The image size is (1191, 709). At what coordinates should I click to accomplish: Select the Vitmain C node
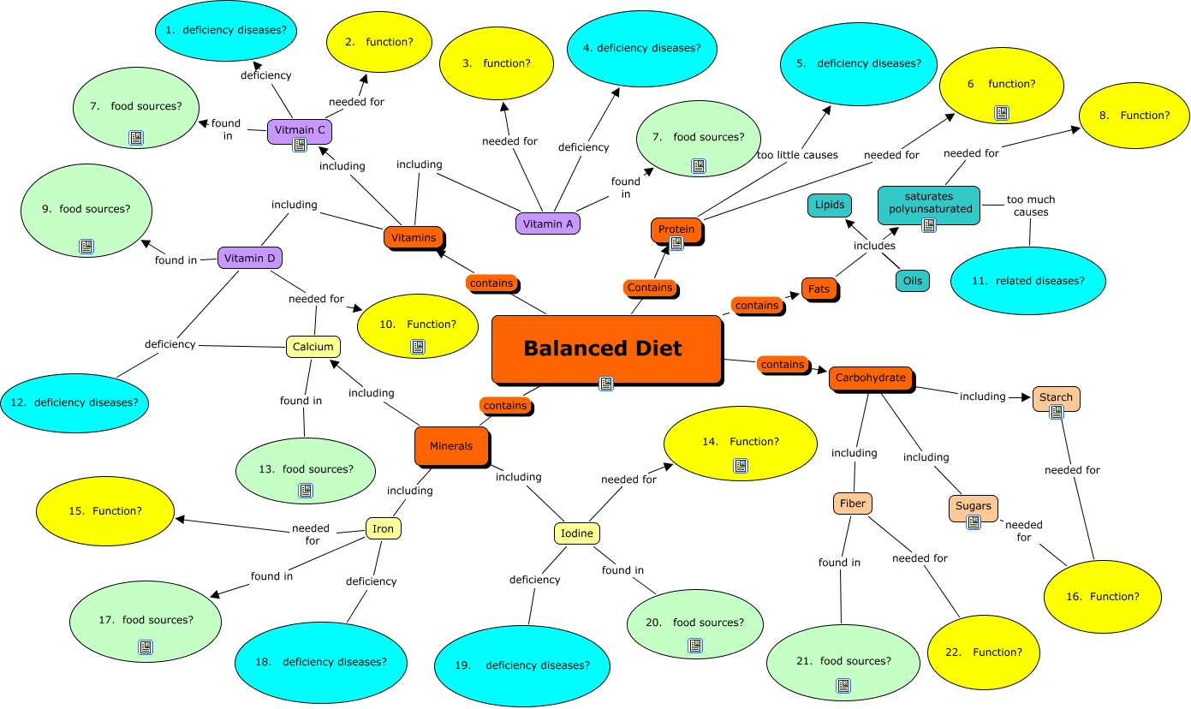(299, 131)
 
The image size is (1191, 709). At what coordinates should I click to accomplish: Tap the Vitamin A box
(548, 223)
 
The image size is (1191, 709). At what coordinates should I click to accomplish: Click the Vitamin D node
(249, 258)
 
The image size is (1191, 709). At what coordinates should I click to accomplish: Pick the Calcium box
(313, 347)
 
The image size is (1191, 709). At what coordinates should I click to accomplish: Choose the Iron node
(384, 528)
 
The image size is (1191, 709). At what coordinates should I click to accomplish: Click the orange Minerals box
(450, 446)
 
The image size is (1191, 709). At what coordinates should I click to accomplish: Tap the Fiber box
(853, 503)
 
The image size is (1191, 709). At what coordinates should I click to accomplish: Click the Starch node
(1056, 398)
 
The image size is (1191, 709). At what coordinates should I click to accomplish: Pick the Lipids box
(830, 206)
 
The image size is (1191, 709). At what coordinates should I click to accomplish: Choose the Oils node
(912, 280)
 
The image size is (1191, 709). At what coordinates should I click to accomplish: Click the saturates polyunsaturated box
(929, 204)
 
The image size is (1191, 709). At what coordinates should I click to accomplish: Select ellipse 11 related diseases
(1028, 280)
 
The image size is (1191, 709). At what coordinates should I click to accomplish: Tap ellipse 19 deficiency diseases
(522, 665)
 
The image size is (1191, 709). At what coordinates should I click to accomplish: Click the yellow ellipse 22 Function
(984, 652)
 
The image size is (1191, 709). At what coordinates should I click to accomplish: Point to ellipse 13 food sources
(306, 469)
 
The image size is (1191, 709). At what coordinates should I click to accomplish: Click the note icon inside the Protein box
(676, 243)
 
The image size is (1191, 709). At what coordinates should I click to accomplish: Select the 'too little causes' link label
(797, 155)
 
